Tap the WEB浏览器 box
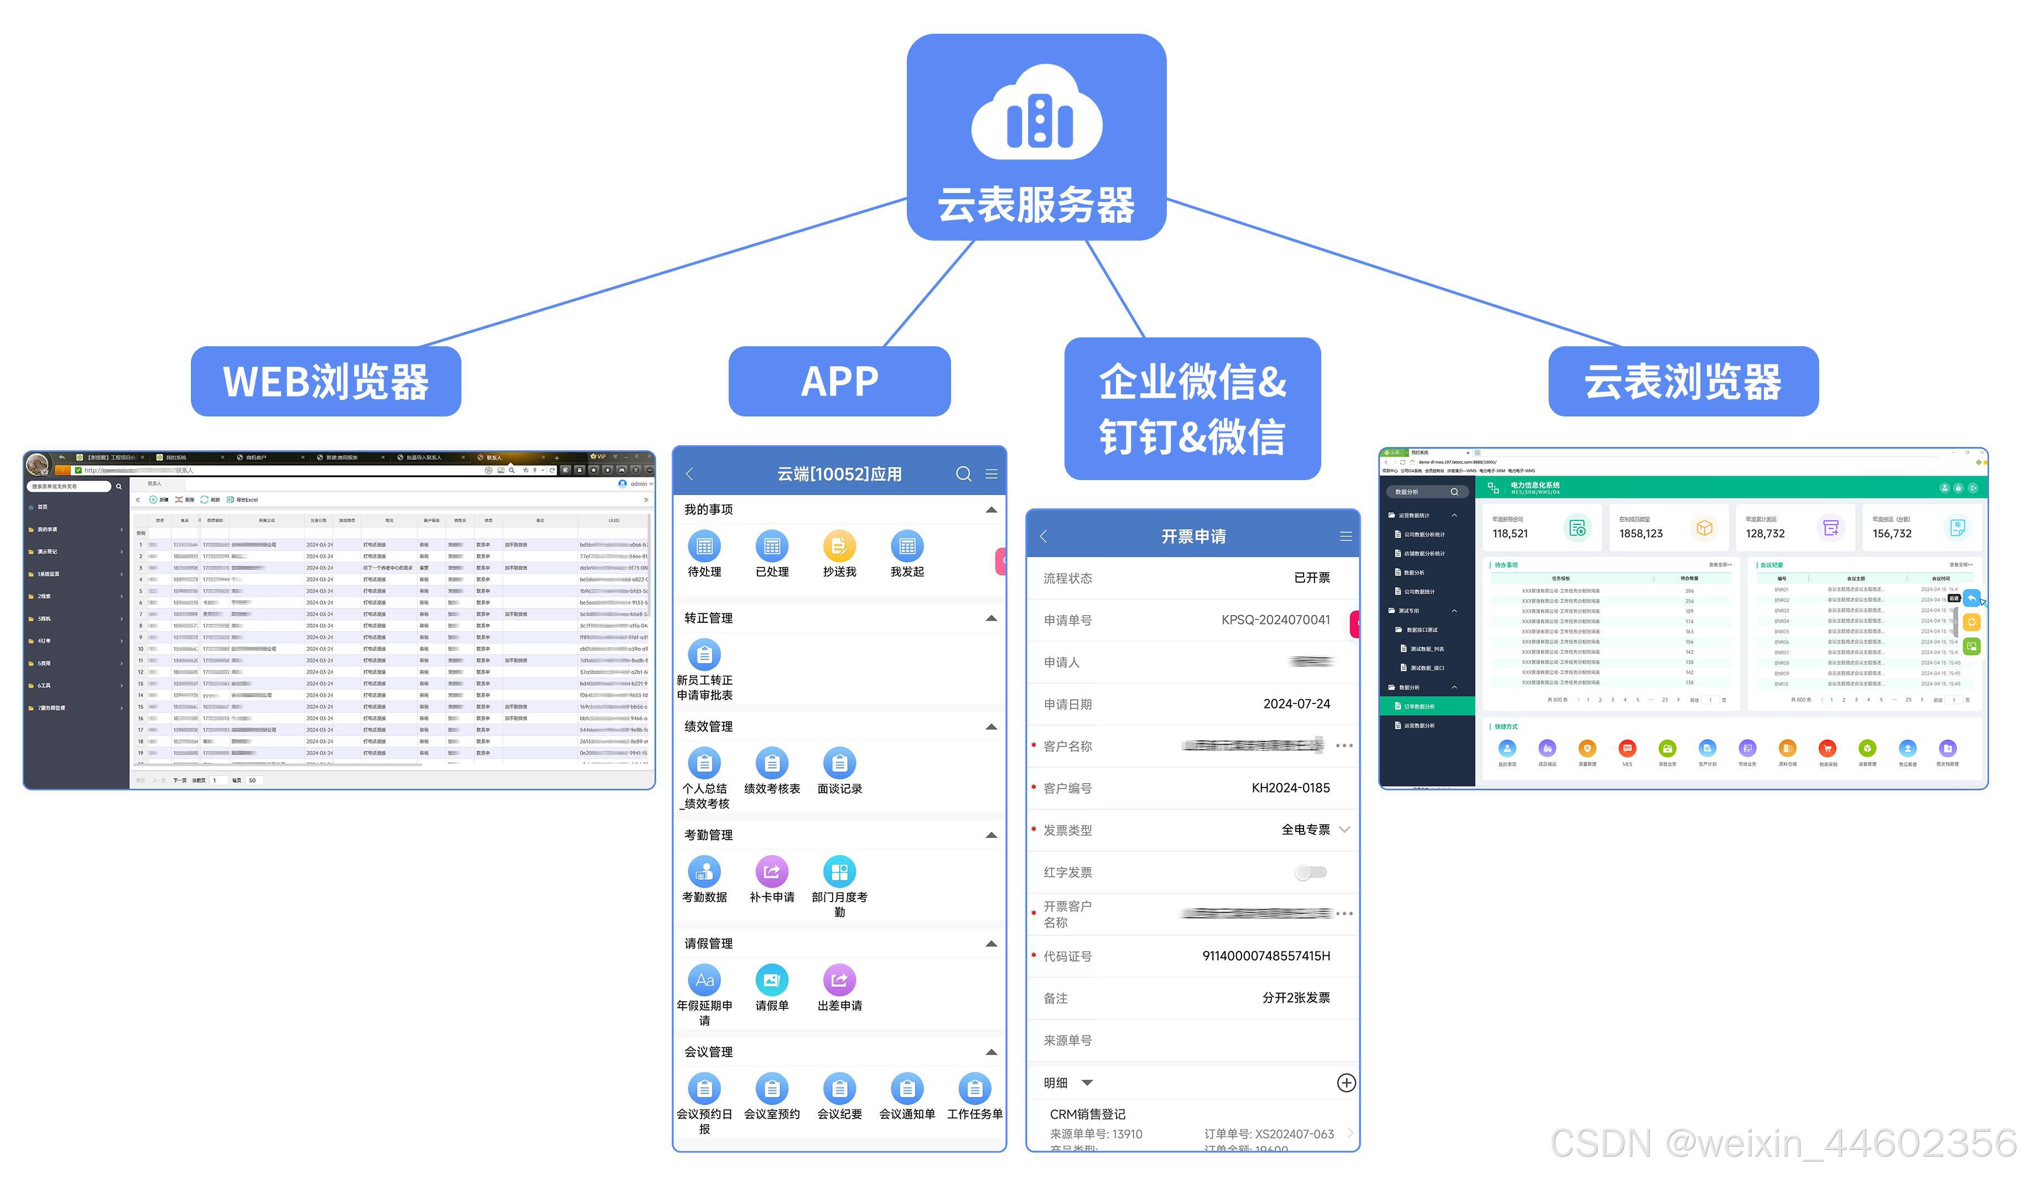coord(325,382)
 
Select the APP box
coord(839,382)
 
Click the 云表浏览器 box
coord(1683,382)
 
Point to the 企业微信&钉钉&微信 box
coord(1192,409)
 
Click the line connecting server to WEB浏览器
coord(666,273)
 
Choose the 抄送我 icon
coord(839,546)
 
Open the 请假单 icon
coord(771,980)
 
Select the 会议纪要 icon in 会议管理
coord(839,1089)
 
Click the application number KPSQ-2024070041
coord(1275,620)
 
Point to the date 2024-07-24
coord(1296,704)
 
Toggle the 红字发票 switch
coord(1311,872)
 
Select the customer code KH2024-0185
coord(1291,788)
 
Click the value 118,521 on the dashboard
coord(1510,534)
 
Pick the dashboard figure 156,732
coord(1892,534)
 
